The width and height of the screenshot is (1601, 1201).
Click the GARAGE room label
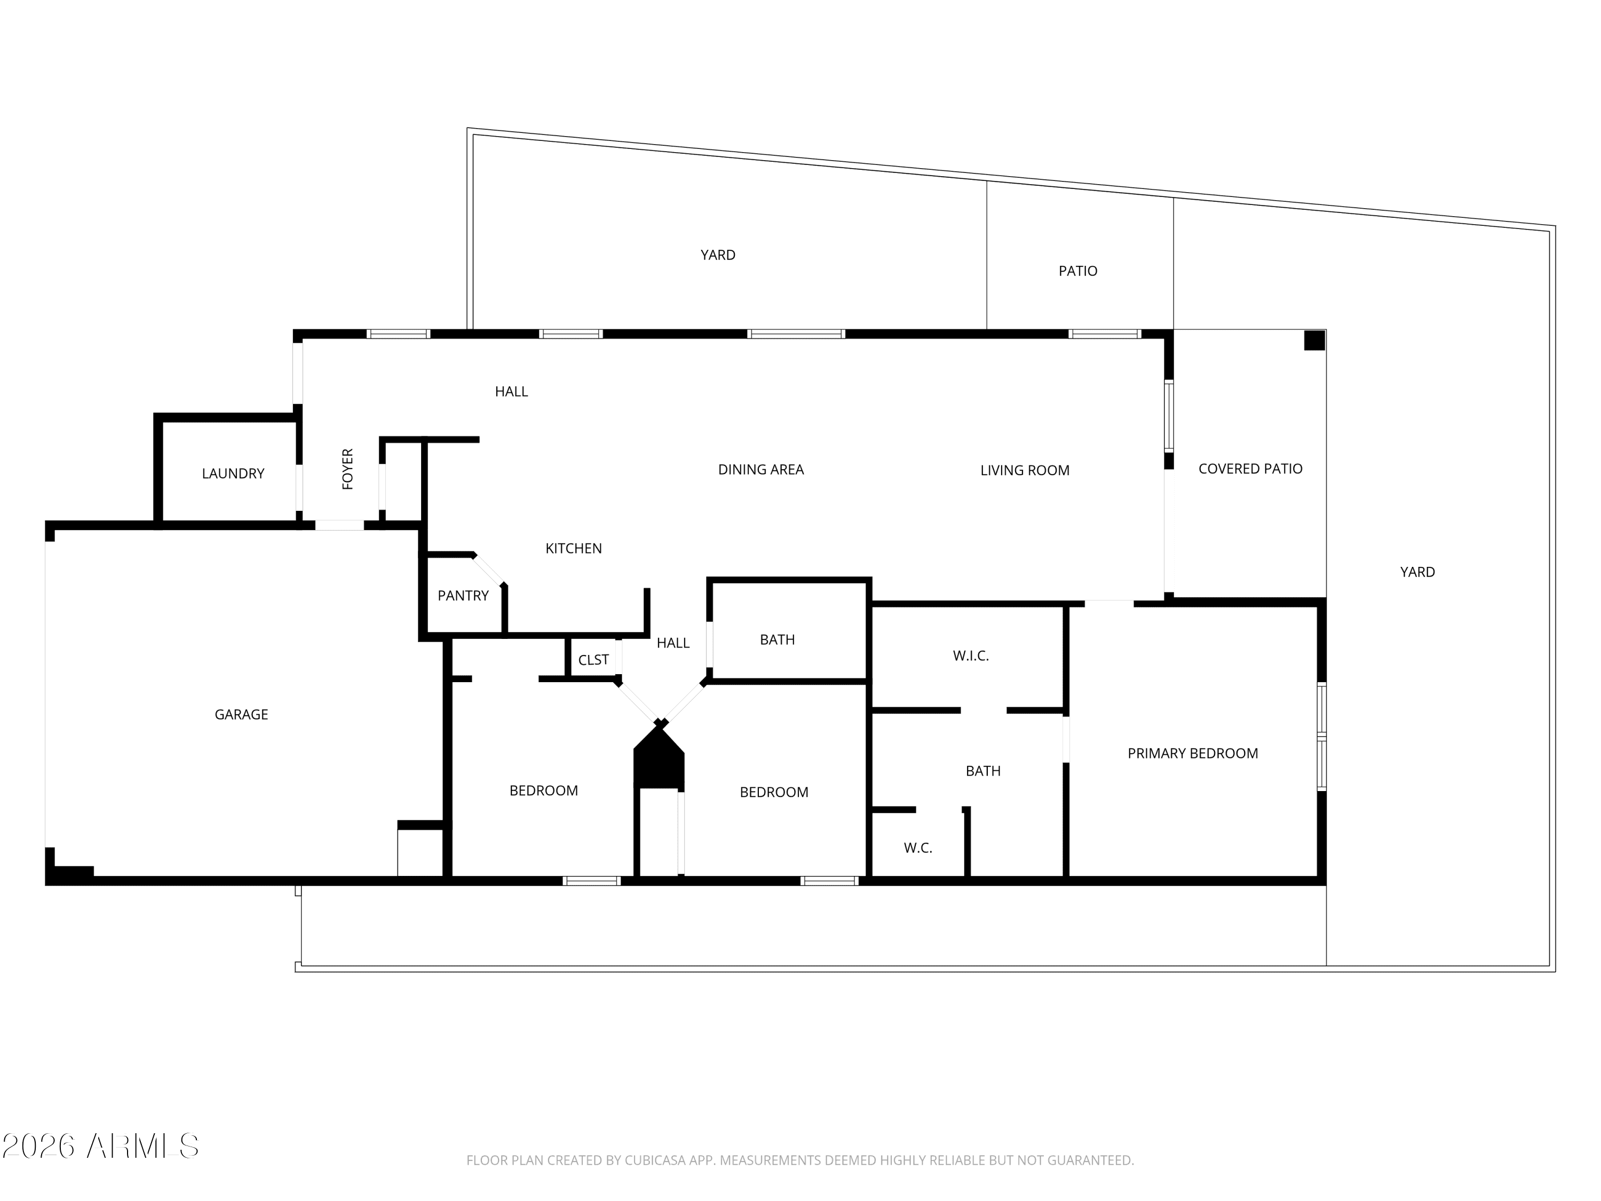point(241,715)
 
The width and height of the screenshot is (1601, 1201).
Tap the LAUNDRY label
point(233,473)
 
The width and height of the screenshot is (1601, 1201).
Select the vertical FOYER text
point(347,469)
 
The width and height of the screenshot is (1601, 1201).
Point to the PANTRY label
point(463,596)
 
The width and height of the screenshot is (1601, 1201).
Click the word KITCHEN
point(573,549)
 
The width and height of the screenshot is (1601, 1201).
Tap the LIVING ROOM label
point(1025,471)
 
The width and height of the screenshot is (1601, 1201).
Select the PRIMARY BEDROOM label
point(1193,754)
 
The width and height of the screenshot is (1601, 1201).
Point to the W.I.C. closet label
point(971,656)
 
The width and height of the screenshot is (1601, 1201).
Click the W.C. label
point(918,848)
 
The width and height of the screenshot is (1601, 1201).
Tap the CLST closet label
point(593,660)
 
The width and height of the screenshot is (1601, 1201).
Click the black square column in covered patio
point(1314,340)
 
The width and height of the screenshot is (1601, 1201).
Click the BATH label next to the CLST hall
point(778,640)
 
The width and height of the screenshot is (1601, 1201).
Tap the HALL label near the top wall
point(511,392)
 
